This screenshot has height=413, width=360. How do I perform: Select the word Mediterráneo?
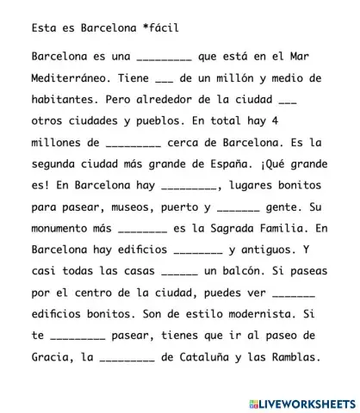(x=67, y=78)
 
